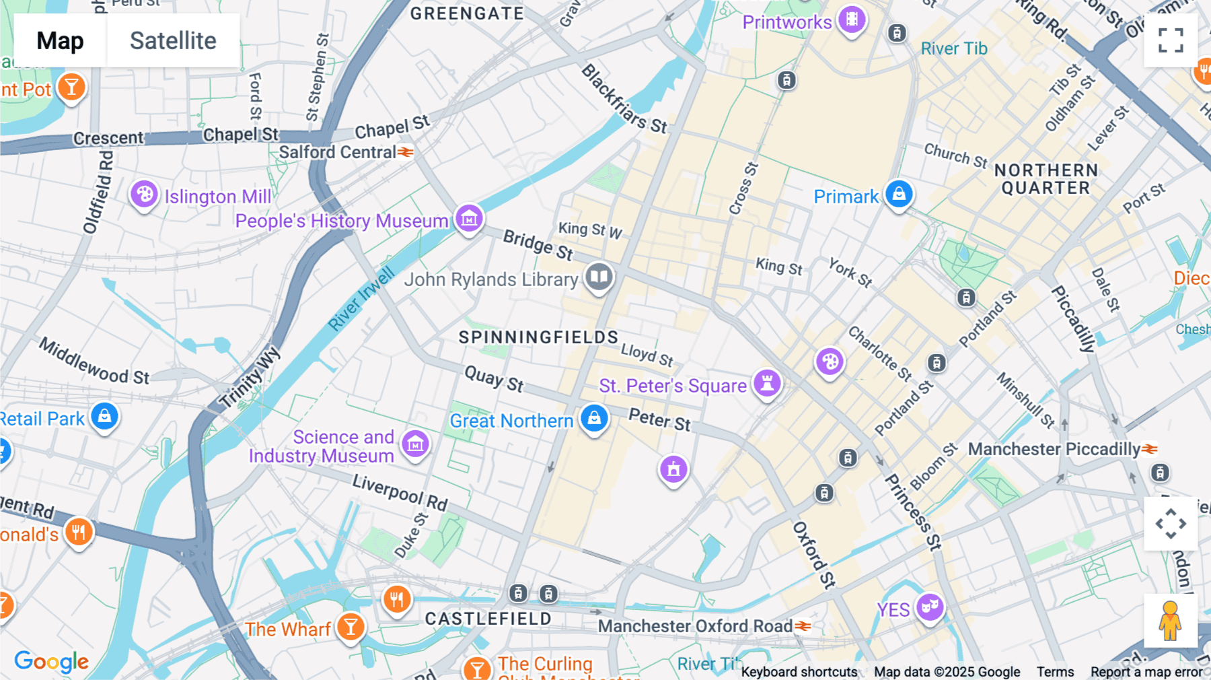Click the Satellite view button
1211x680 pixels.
coord(173,40)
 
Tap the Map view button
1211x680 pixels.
coord(60,40)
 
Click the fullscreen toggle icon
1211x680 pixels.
coord(1171,40)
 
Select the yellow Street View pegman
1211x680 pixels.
coord(1171,621)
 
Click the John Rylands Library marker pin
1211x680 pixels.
coord(599,277)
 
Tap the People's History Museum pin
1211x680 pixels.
coord(469,218)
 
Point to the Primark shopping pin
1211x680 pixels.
coord(899,194)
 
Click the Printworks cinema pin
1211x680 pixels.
coord(852,20)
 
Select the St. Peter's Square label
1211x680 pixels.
coord(672,386)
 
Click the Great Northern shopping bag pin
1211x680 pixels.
coord(594,419)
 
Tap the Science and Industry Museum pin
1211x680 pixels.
coord(415,444)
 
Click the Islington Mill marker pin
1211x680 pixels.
coord(144,195)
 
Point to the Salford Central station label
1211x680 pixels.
coord(338,152)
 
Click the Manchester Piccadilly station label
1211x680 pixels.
coord(1054,449)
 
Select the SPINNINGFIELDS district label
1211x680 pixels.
coord(538,337)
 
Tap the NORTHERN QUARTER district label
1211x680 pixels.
coord(1045,179)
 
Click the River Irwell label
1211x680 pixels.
coord(361,299)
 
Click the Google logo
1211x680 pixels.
coord(52,661)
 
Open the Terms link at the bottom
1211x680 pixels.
coord(1055,671)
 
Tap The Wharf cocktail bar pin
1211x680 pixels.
coord(351,627)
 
